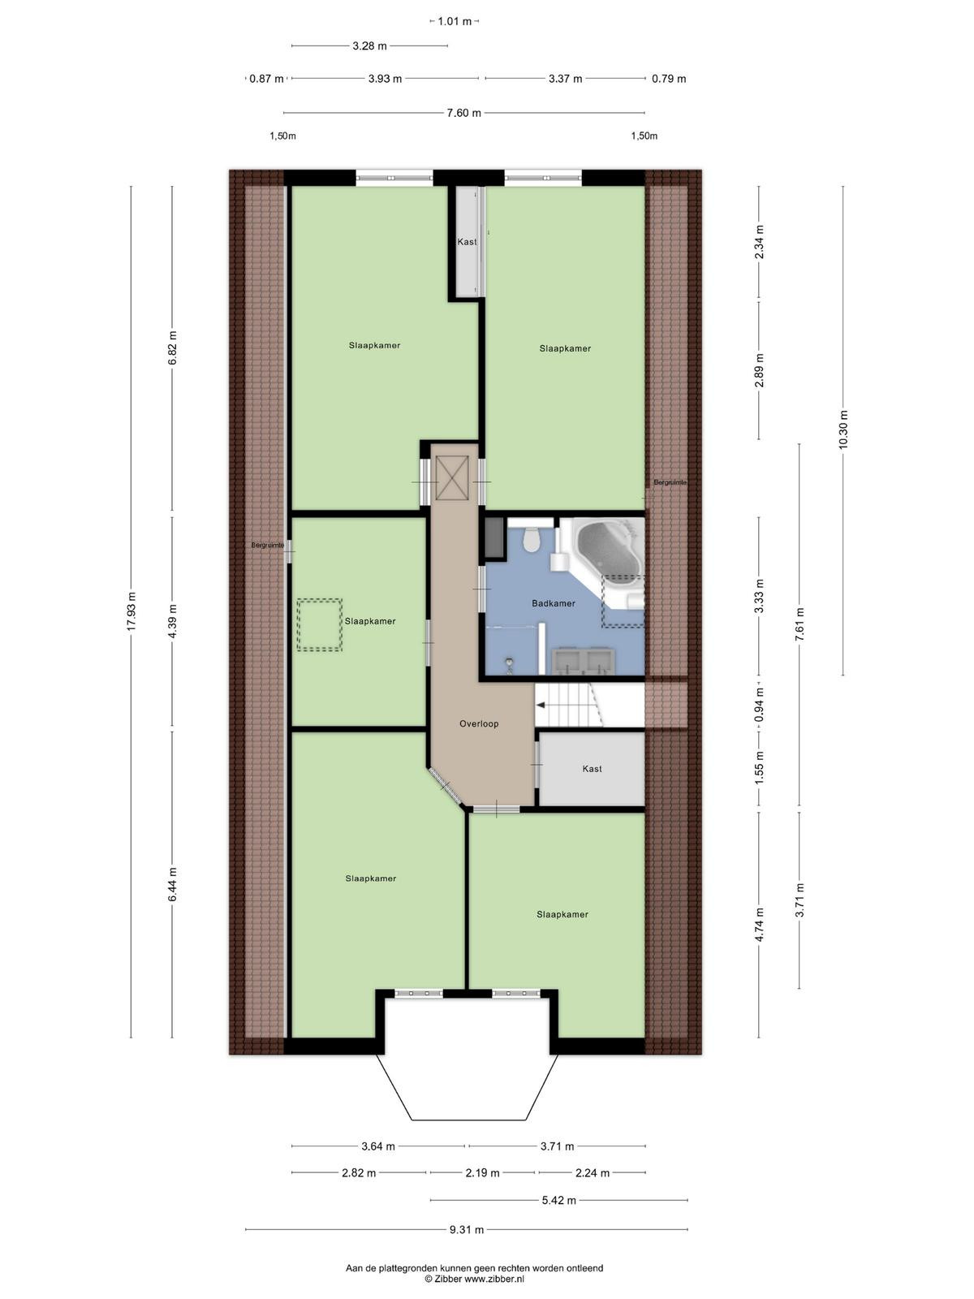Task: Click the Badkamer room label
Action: click(553, 604)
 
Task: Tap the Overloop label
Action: click(479, 723)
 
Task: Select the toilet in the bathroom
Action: click(531, 540)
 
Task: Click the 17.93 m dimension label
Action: click(131, 612)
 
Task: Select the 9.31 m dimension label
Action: click(467, 1230)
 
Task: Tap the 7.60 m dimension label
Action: click(463, 113)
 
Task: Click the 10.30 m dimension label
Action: click(843, 429)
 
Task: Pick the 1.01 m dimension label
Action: click(455, 22)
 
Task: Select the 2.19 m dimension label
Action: click(483, 1173)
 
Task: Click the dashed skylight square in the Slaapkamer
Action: click(319, 625)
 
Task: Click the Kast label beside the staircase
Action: click(592, 769)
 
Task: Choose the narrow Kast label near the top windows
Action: click(468, 241)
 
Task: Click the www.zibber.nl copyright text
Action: click(474, 1278)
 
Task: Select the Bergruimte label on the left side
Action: click(268, 545)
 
